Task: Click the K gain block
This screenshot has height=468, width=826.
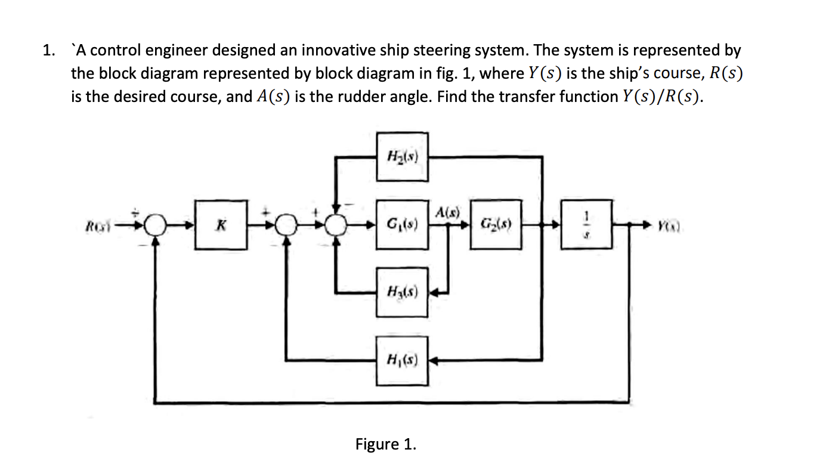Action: [221, 225]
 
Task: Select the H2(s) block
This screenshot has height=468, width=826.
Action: [402, 157]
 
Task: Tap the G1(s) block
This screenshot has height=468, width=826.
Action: [402, 225]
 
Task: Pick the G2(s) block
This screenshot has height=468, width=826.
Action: [495, 225]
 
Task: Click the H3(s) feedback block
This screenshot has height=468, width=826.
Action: [402, 292]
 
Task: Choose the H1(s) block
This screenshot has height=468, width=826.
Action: [402, 360]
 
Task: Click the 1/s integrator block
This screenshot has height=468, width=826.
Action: [586, 225]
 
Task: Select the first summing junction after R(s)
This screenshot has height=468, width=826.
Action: [156, 225]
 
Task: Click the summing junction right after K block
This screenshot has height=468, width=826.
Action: [288, 225]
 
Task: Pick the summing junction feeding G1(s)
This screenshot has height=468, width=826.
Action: [338, 225]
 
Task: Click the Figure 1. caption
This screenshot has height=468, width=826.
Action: [385, 444]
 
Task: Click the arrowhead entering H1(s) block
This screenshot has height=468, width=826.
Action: [433, 360]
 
